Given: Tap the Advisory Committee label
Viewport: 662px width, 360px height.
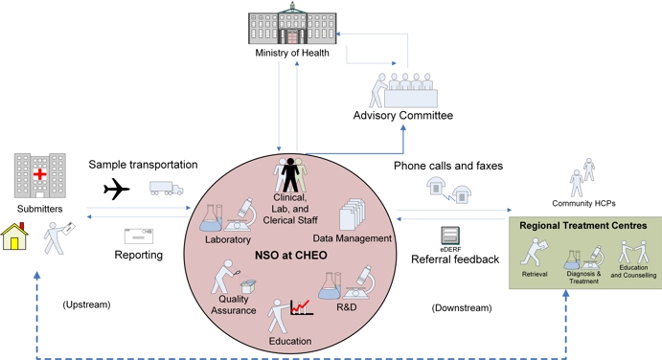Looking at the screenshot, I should (403, 116).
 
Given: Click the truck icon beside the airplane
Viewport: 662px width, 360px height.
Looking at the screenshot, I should (166, 189).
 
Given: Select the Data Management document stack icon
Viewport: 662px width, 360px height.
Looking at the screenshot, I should (352, 213).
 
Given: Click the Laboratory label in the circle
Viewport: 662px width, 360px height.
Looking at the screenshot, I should (227, 239).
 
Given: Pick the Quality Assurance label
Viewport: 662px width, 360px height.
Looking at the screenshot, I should (233, 303).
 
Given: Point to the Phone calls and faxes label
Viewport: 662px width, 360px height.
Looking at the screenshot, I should (448, 166).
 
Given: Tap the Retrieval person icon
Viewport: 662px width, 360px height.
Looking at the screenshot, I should (533, 253).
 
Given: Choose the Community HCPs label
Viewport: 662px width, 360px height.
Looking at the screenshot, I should (583, 203).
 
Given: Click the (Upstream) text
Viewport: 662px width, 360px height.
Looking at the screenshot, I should (86, 304).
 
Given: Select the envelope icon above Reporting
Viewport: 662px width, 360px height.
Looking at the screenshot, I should (138, 236).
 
